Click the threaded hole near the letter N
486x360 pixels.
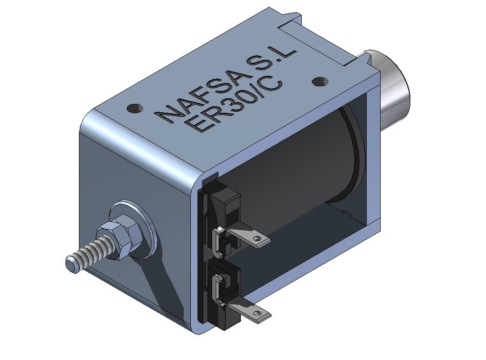point(135,108)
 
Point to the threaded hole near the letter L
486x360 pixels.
point(318,82)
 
